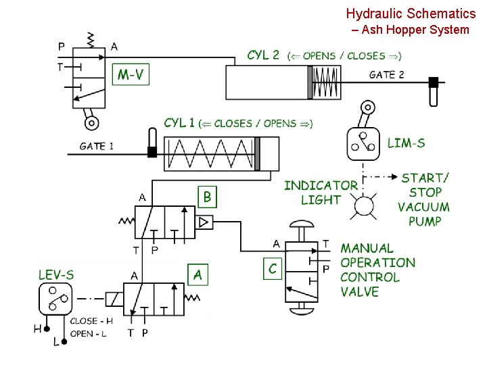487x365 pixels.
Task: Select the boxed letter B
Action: pos(208,197)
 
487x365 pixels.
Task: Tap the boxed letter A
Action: pos(198,274)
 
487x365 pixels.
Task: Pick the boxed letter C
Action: pos(273,268)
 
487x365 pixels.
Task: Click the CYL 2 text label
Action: pos(263,55)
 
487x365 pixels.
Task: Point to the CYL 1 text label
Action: pos(179,123)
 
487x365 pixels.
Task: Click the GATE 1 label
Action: pos(97,145)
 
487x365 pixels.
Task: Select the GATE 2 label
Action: pos(386,74)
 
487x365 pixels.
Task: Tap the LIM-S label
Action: pos(406,143)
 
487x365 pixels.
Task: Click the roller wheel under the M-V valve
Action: pos(91,122)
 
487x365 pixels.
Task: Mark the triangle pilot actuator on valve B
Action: pos(203,222)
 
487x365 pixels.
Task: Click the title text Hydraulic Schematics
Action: pos(411,13)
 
